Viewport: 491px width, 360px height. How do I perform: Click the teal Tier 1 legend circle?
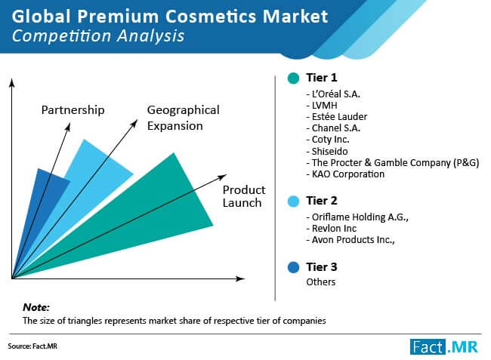click(x=293, y=78)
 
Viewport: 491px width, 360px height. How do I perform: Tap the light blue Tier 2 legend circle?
click(x=293, y=201)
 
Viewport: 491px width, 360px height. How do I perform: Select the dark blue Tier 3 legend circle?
click(x=293, y=267)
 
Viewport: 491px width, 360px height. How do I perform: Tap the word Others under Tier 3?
click(x=320, y=282)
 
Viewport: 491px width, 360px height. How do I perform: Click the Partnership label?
click(x=73, y=110)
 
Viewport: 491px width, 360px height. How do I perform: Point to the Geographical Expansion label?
click(x=184, y=118)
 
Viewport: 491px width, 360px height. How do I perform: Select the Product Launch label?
click(x=244, y=196)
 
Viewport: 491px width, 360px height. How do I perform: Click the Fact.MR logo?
click(x=444, y=347)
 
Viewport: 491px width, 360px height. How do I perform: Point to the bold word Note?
click(x=36, y=307)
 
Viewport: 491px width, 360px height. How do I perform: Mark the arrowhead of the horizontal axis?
click(x=241, y=278)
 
